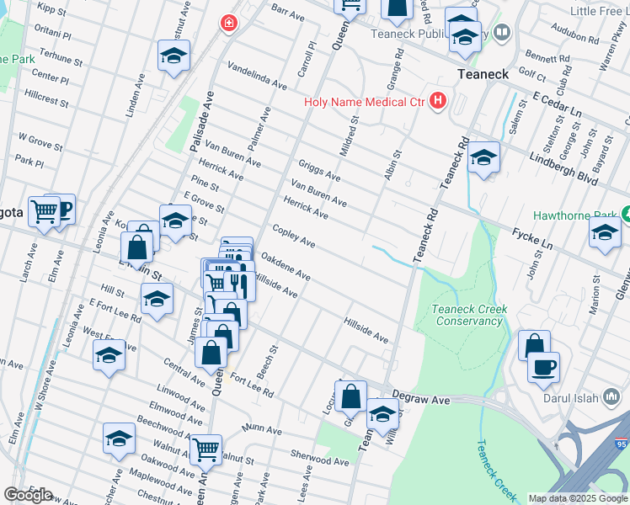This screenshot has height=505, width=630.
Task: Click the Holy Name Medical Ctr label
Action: pyautogui.click(x=366, y=104)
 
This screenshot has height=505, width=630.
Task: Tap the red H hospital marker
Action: pyautogui.click(x=437, y=102)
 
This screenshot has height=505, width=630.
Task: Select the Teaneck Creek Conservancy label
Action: pyautogui.click(x=468, y=315)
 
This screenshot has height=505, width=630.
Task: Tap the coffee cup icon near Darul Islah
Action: pyautogui.click(x=544, y=367)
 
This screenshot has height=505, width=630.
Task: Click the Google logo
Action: pyautogui.click(x=28, y=495)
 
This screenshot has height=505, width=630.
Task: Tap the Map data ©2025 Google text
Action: pyautogui.click(x=578, y=498)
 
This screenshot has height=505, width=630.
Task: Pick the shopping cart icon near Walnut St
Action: pyautogui.click(x=206, y=449)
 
